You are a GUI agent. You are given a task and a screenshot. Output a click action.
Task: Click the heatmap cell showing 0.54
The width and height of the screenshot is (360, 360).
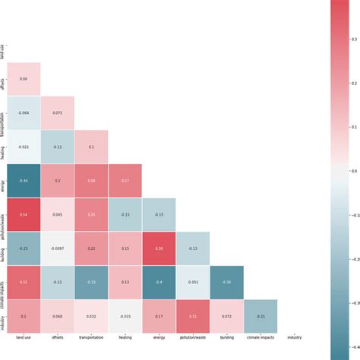(24, 215)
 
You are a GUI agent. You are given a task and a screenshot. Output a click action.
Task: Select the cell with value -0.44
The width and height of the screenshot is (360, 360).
(24, 181)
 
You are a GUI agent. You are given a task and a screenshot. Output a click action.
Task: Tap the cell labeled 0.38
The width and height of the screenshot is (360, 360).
(159, 248)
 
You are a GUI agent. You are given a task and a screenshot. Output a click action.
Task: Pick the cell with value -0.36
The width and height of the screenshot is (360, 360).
(227, 283)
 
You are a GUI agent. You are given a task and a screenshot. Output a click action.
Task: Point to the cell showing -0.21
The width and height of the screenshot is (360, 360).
(261, 316)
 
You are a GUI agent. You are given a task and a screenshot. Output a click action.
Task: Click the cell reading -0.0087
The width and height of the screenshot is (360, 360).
(58, 248)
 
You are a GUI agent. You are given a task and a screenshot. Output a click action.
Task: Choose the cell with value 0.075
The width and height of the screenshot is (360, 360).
(58, 113)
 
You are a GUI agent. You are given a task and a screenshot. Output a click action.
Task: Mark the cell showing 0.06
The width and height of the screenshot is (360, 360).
(24, 79)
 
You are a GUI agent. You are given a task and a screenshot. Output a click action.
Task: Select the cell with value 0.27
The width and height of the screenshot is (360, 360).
(125, 181)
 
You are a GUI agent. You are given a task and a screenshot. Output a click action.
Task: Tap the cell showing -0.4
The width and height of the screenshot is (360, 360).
(159, 283)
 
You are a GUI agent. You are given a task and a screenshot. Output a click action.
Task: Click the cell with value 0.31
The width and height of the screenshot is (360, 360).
(194, 316)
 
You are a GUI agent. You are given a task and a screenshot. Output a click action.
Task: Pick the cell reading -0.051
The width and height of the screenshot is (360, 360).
(194, 283)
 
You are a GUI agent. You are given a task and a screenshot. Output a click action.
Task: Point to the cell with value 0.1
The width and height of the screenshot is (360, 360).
(91, 147)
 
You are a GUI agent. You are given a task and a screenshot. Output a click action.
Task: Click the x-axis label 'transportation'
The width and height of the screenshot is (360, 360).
(91, 336)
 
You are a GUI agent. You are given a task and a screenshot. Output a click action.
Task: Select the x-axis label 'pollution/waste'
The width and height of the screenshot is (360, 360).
(194, 336)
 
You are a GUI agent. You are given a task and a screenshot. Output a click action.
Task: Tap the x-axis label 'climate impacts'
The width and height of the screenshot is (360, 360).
(261, 336)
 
